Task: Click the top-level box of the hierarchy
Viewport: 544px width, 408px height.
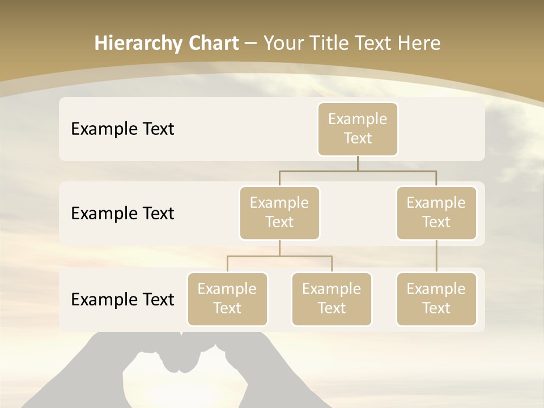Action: coord(358,129)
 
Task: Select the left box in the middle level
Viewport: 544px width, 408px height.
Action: coord(279,212)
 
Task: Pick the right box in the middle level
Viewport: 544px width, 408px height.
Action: coord(436,212)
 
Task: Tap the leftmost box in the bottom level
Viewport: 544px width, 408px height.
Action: coord(227,299)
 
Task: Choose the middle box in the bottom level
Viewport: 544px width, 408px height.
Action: coord(331,299)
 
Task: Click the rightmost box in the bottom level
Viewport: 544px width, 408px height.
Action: coord(436,299)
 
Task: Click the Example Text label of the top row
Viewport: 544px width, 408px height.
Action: coord(122,129)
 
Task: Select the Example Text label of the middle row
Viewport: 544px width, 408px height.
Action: coord(122,213)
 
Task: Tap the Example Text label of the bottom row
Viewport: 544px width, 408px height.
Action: coord(122,299)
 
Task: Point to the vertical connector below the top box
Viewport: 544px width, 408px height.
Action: coord(358,163)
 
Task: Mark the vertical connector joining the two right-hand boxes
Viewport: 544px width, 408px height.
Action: coord(436,256)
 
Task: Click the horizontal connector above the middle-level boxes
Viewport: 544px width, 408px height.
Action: coord(358,171)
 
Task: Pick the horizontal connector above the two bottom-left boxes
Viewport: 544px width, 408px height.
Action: coord(279,256)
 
